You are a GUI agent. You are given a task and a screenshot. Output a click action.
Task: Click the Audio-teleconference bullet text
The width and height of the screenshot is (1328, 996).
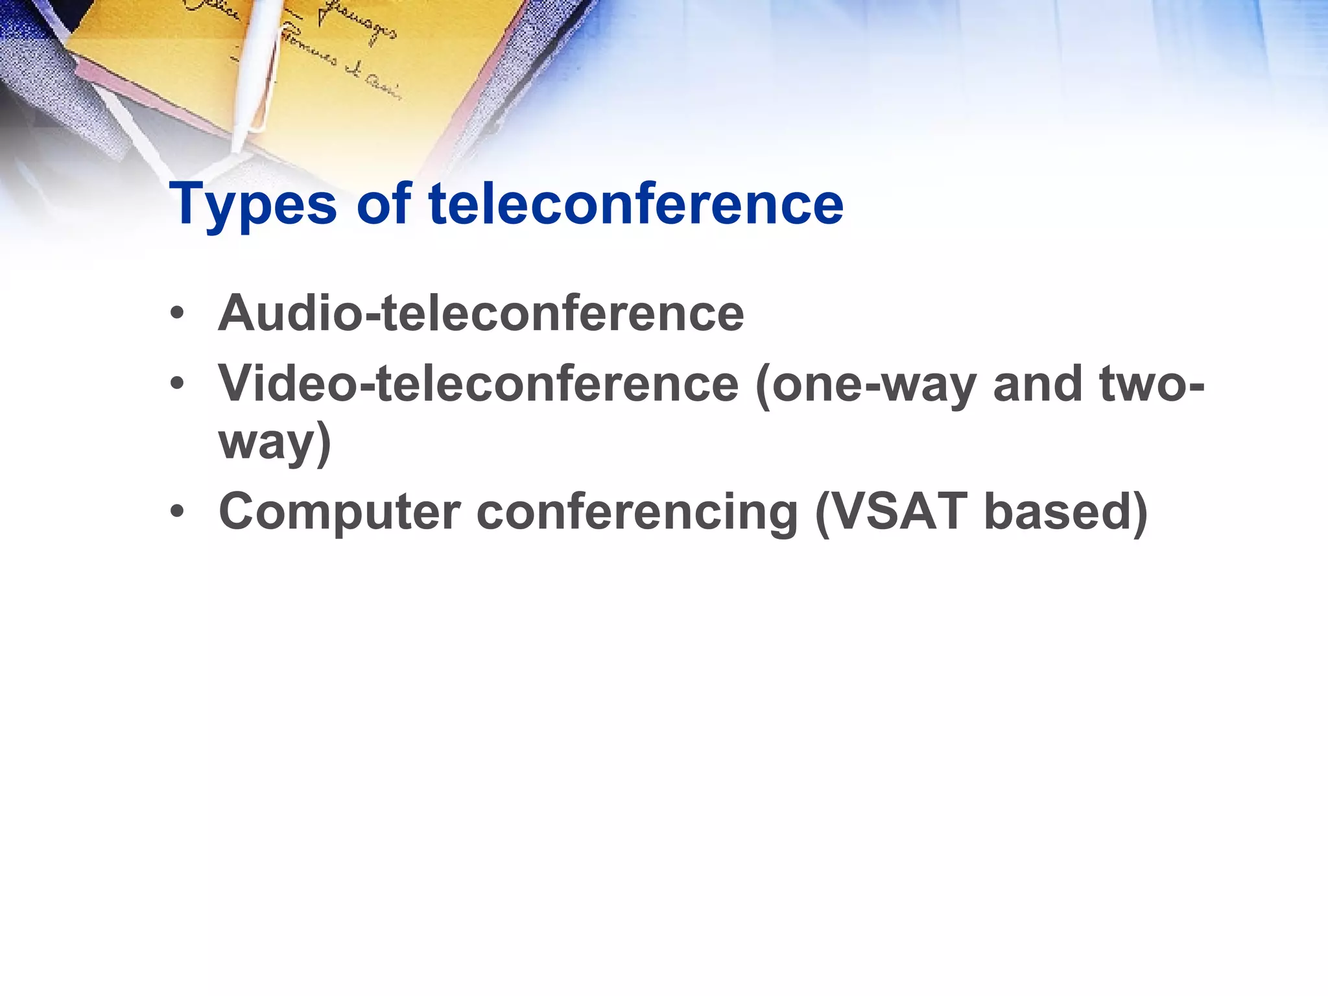point(480,313)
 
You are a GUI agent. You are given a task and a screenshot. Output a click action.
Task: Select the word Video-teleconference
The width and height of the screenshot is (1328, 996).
point(478,384)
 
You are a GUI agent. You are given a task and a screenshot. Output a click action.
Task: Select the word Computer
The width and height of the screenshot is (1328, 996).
point(339,513)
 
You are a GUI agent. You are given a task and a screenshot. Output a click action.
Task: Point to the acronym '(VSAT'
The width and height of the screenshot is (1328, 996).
point(890,512)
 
